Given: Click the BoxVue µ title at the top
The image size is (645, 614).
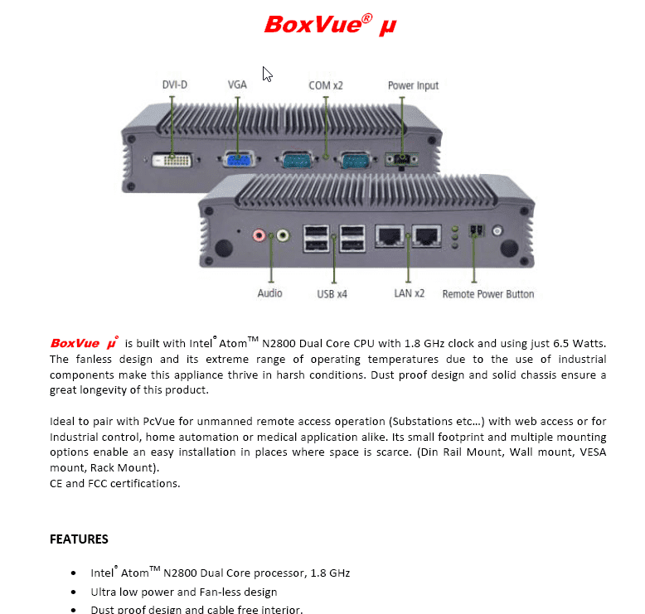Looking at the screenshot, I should coord(330,25).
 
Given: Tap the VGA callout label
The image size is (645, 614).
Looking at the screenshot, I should coord(237,85).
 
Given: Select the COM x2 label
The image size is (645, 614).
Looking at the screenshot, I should coord(325,85).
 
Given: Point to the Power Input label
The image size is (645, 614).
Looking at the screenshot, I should coord(413,85).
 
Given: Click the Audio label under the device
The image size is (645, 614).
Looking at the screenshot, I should coord(269,293).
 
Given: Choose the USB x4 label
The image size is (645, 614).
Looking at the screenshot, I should coord(332,294).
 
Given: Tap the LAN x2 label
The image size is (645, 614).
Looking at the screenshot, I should coord(409,293).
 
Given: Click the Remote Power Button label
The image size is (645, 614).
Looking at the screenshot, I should coord(487,294).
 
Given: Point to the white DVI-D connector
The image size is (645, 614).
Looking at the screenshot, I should coord(173,158).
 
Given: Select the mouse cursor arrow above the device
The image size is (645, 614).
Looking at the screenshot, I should coord(267,75).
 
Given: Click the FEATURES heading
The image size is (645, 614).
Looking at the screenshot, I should coord(79,539).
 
